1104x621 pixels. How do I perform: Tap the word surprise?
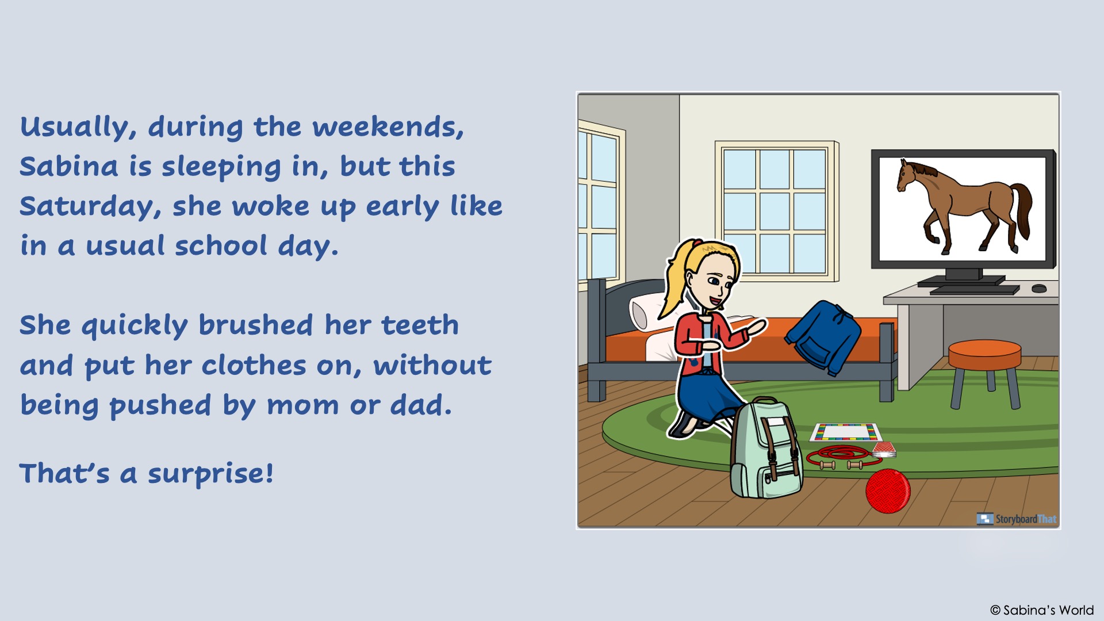210,474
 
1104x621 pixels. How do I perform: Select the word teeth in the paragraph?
420,325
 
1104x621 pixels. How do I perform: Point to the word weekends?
388,127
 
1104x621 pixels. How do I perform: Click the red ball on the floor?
888,490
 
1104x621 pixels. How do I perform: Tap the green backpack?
765,448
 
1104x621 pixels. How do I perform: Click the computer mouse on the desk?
1039,288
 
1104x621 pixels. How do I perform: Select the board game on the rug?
845,432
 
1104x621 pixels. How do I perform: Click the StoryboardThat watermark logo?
1017,519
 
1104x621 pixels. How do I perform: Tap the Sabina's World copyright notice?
1042,610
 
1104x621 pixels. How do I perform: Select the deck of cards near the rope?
884,449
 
